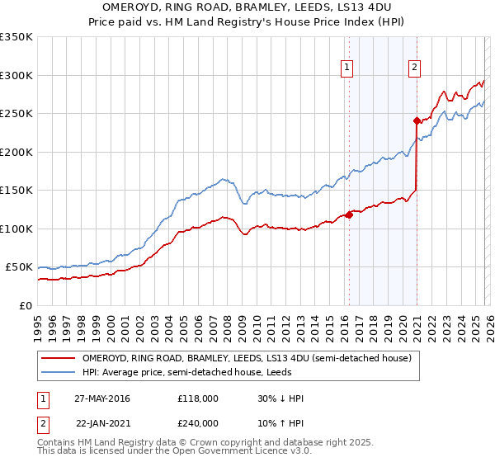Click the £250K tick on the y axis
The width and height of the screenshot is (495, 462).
[16, 114]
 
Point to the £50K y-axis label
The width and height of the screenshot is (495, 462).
[19, 267]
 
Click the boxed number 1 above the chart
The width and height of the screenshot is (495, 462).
[346, 68]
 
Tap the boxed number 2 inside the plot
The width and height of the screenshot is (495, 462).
[414, 68]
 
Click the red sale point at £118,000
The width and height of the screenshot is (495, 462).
[349, 215]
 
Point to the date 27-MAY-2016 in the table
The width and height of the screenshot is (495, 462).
[102, 398]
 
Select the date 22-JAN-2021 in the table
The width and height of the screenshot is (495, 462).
[102, 422]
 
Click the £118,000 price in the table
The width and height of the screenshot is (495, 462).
[198, 398]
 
